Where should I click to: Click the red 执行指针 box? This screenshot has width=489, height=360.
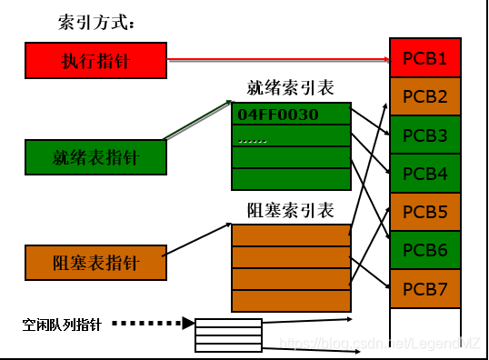(x=96, y=61)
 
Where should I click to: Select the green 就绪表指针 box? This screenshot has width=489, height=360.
(x=96, y=157)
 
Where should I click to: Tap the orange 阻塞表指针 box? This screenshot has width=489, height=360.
(x=96, y=263)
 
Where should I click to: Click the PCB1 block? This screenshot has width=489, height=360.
(x=424, y=59)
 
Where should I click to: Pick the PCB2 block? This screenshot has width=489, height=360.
(x=424, y=97)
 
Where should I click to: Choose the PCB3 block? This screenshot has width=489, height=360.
(x=424, y=135)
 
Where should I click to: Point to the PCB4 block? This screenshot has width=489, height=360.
(x=424, y=174)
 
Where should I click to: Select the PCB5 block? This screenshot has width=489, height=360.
(x=424, y=212)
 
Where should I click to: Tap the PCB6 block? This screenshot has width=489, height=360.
(x=424, y=250)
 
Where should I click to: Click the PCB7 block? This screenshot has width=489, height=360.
(x=424, y=288)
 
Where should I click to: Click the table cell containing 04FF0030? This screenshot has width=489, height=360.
(x=291, y=115)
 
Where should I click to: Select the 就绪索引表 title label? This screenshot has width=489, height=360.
(x=291, y=88)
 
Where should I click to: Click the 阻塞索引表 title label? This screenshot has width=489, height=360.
(x=291, y=211)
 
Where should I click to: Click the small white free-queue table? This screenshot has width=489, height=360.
(x=228, y=335)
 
